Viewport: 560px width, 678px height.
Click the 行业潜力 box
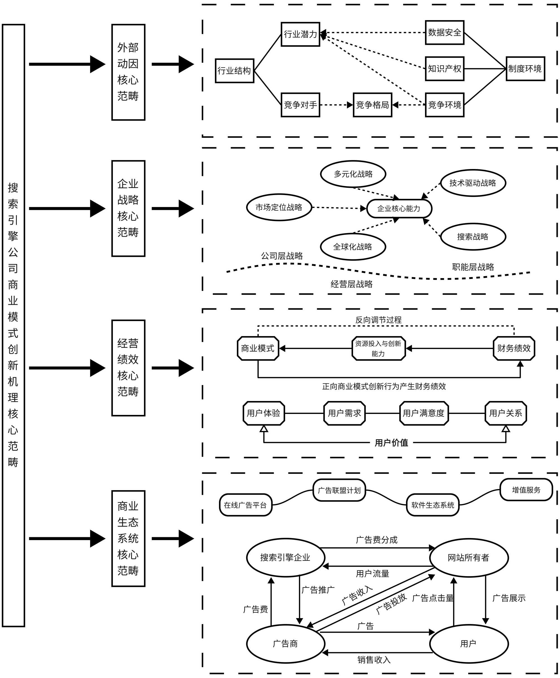300,34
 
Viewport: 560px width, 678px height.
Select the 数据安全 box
445,32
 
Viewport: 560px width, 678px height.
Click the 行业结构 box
235,71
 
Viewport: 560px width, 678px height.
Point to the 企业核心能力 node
399,208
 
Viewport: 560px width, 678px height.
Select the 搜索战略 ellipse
473,237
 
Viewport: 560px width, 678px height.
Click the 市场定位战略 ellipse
279,207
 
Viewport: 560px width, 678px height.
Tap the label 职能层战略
473,267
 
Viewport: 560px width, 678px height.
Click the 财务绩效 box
514,348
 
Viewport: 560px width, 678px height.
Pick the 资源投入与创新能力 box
378,348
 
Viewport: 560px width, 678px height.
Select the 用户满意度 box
424,413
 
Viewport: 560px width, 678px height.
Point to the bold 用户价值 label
391,443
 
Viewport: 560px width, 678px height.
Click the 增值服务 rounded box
526,490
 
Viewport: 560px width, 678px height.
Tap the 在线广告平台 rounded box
246,505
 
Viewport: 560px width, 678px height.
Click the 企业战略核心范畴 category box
128,208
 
